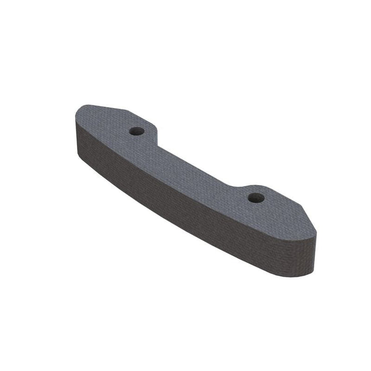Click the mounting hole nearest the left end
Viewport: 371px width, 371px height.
click(137, 130)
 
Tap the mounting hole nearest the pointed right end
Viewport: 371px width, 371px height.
click(257, 198)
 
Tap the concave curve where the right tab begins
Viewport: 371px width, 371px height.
click(233, 187)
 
